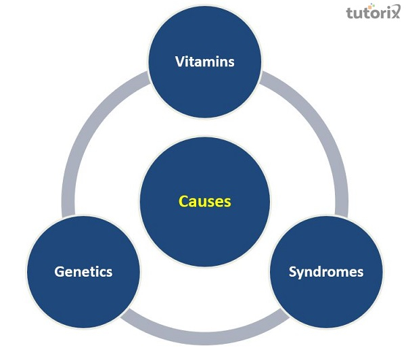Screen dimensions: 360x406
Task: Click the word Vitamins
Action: tap(204, 62)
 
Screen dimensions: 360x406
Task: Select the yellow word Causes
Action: tap(204, 201)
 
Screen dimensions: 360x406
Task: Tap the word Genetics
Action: tap(83, 272)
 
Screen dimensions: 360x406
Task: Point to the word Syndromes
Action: tap(325, 272)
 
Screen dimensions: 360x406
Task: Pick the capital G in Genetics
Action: tap(59, 272)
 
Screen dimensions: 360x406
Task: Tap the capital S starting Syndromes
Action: tap(292, 272)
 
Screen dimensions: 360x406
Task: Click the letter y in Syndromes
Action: tap(300, 274)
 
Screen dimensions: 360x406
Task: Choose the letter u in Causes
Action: tap(200, 202)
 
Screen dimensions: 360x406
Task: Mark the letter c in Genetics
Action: tap(101, 273)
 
